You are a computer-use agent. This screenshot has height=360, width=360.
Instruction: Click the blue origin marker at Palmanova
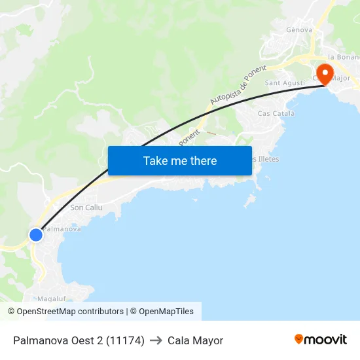click(36, 234)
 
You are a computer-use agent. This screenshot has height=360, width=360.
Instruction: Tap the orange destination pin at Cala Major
click(323, 73)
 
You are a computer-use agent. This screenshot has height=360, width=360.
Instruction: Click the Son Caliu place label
click(86, 207)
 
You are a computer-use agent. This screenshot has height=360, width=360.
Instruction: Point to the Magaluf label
click(50, 298)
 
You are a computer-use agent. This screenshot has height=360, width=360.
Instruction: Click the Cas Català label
click(276, 113)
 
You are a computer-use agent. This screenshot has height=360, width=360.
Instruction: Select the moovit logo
click(321, 340)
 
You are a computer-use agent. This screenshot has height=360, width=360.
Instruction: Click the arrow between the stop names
click(156, 340)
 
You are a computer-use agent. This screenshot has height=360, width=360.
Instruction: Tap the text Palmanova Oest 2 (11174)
click(79, 340)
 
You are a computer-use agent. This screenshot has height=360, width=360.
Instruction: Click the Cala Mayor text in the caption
click(195, 340)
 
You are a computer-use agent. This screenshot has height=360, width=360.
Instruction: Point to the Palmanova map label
click(63, 229)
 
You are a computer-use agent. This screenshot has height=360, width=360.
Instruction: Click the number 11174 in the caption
click(124, 340)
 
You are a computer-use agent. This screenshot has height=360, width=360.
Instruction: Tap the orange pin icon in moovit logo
click(299, 339)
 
